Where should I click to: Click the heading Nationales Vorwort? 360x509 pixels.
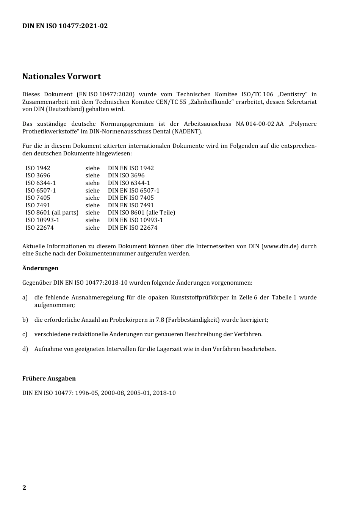coord(61,77)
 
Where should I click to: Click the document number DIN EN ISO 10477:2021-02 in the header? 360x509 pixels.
coord(65,26)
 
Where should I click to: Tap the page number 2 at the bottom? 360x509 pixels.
coord(24,487)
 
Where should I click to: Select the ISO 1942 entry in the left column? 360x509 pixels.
coord(38,168)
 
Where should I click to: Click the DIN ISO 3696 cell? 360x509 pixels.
coord(126,175)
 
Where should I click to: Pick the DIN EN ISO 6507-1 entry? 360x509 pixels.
coord(133,190)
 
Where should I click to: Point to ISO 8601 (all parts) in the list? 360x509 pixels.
coord(52,213)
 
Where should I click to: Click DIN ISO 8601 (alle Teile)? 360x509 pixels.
coord(141,213)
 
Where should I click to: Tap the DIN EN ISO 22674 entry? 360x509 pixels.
coord(133,227)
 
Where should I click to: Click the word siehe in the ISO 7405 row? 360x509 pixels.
coord(92,198)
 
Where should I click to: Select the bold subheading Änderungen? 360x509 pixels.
coord(40,268)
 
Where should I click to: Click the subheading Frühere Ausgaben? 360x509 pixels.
coord(49,378)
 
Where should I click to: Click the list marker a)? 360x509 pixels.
coord(25,298)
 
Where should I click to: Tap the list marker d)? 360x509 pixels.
coord(25,349)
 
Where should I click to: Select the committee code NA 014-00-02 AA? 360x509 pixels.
coord(259,124)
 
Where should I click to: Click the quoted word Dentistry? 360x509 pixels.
coord(292,94)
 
